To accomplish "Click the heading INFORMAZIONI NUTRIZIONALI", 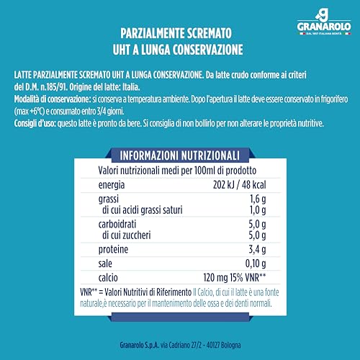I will click(179, 155).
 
